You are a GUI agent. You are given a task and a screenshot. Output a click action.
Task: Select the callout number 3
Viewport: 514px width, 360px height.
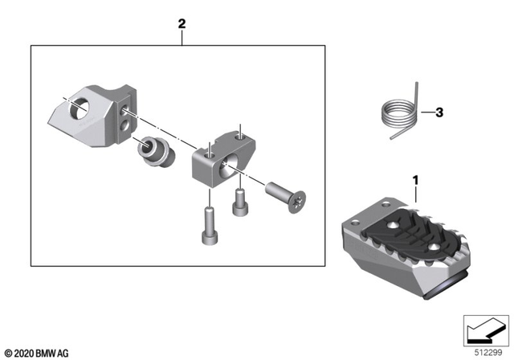tap(439, 113)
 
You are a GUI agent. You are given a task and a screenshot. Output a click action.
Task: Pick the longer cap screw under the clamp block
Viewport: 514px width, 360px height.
tap(209, 227)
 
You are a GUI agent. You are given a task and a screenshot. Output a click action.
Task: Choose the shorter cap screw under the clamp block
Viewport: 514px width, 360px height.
tap(239, 203)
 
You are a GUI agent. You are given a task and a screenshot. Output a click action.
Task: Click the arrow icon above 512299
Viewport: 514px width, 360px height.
tap(484, 329)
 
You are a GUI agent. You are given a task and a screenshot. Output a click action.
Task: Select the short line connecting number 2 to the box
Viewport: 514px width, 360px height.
tap(182, 39)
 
